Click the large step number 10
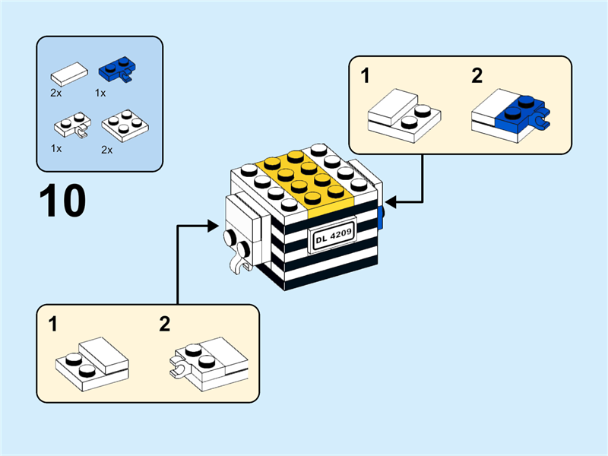pos(62,201)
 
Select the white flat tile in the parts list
pos(68,74)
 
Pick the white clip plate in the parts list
pos(71,123)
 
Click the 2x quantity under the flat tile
pos(56,92)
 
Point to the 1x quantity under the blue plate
pos(100,92)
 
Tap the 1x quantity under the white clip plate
pos(57,148)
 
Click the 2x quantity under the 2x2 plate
pos(107,150)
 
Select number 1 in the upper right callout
pos(366,76)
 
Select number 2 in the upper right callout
pos(477,76)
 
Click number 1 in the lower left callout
pos(52,325)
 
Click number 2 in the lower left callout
pos(165,325)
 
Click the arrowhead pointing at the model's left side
pos(215,226)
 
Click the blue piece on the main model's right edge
pos(381,217)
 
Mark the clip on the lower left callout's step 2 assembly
pos(179,370)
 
